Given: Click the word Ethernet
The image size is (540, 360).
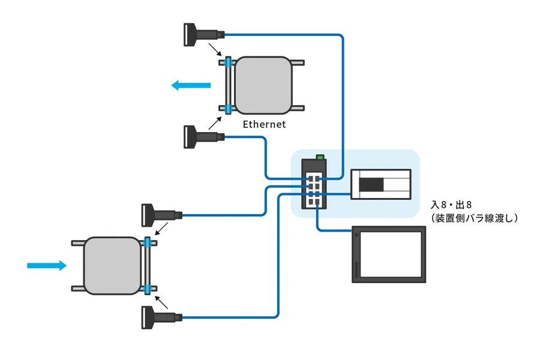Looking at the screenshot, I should tap(263, 125).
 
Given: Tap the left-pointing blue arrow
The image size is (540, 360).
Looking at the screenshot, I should tap(191, 85).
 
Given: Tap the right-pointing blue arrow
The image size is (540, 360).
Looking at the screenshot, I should tap(47, 265).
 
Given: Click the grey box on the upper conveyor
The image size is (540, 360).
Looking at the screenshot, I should tap(263, 85).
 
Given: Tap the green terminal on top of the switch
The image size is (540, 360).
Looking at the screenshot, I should tap(320, 157).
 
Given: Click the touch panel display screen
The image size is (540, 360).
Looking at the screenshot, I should tap(389, 254).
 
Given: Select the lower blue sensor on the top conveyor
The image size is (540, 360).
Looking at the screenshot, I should tap(229, 109).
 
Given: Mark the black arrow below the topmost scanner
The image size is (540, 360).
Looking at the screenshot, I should tap(213, 49).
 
